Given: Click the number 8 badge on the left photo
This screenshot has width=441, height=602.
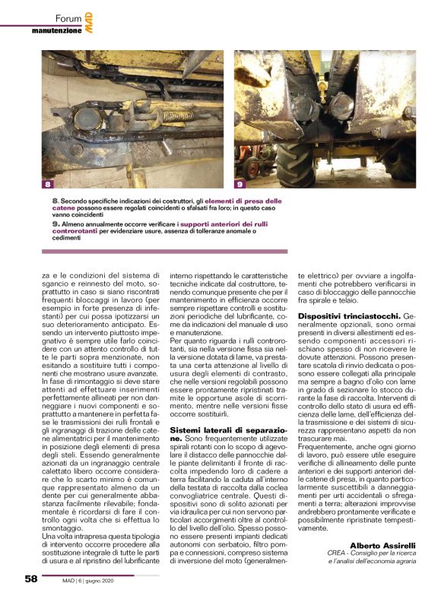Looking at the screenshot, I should [x=47, y=184].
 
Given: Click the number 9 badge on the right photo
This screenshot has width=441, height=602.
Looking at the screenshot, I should [x=240, y=184].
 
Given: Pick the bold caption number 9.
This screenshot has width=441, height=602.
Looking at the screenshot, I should [x=56, y=224].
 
